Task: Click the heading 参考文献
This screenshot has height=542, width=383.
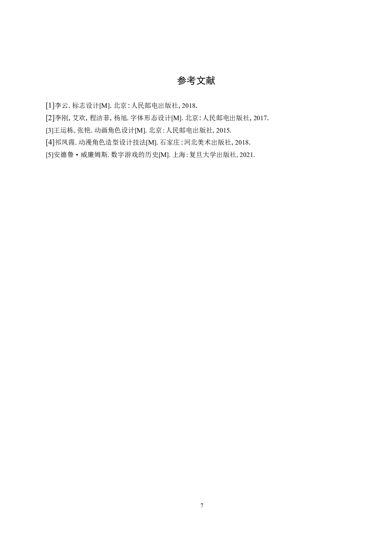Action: [x=196, y=81]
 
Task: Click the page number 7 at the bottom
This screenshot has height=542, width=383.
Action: [x=202, y=506]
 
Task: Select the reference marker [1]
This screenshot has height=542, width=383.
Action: [x=50, y=106]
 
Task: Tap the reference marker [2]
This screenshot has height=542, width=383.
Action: [x=50, y=118]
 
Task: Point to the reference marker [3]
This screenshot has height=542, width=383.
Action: [x=50, y=130]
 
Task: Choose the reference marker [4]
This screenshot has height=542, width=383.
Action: [x=50, y=143]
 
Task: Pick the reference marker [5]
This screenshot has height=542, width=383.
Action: [x=50, y=155]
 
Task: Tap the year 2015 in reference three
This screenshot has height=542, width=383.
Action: [x=223, y=130]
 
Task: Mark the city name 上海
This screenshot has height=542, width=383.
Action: [x=179, y=155]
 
